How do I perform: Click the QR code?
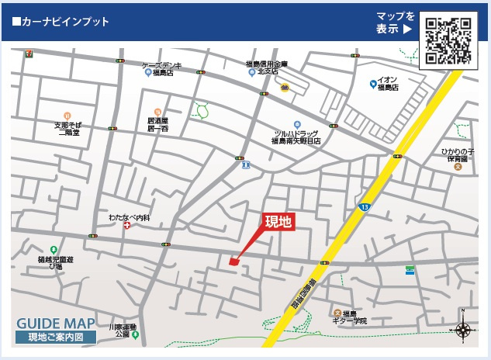448,40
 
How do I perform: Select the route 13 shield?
365,207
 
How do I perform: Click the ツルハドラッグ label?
296,137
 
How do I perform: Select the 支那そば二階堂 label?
67,127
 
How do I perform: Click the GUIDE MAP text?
56,324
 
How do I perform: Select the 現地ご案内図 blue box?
56,337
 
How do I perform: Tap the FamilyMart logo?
410,270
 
